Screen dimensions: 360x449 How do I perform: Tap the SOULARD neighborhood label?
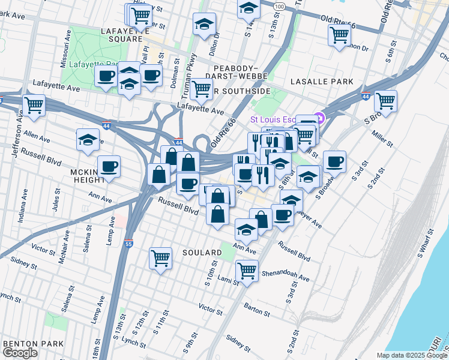pos(202,253)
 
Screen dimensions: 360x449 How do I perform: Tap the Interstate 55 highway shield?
pos(128,244)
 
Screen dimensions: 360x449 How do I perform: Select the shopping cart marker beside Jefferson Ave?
pos(34,106)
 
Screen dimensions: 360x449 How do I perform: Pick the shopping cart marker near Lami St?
pos(247,271)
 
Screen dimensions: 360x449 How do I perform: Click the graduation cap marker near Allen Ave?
pos(88,140)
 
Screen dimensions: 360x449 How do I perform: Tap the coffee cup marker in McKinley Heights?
pos(109,166)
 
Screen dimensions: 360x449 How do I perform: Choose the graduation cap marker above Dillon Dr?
pos(205,25)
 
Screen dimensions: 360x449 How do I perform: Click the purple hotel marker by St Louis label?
pos(319,117)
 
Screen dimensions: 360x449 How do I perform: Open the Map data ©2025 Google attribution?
pos(412,355)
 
